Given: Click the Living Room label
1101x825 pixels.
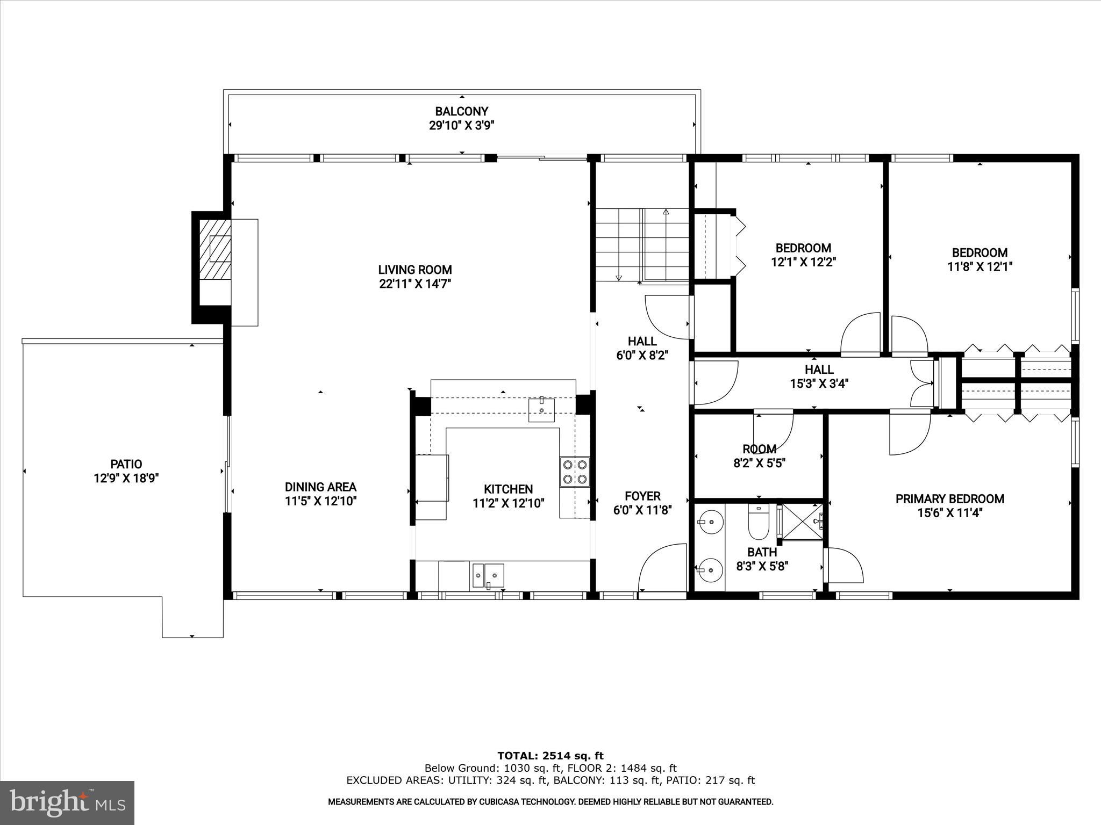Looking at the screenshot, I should [x=414, y=270].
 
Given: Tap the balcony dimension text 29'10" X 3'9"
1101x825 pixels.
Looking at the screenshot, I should [x=461, y=126].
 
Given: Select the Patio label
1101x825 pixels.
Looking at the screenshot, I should [x=126, y=464].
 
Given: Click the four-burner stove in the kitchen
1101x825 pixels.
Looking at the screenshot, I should [x=574, y=472].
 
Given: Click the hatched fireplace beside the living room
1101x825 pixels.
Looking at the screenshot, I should [x=215, y=250].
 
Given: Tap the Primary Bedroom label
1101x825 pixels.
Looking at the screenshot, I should [x=949, y=499].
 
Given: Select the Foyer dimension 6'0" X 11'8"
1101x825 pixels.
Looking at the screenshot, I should [x=642, y=510].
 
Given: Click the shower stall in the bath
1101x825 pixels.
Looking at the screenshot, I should [x=802, y=521].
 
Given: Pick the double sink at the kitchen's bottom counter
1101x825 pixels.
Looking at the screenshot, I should [x=488, y=576].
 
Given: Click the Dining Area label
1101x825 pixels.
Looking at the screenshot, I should [x=320, y=487].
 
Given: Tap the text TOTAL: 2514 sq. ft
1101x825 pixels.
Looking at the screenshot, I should [x=550, y=756].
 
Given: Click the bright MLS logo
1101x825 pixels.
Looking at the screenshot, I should [x=67, y=803].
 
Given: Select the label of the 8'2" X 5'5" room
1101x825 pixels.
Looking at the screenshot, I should [x=759, y=449].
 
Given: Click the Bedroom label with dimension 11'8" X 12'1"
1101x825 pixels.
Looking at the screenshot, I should [x=980, y=252].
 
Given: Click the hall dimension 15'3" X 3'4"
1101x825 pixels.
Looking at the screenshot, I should [x=819, y=383].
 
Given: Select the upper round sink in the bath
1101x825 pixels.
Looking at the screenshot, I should [x=711, y=522].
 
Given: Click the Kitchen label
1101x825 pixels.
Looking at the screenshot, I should [x=508, y=489].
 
